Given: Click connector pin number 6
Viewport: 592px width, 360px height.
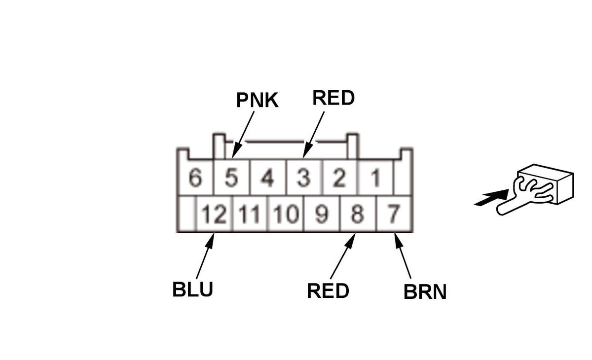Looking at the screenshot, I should tap(195, 178).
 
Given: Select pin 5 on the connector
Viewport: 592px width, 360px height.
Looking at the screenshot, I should tap(231, 178).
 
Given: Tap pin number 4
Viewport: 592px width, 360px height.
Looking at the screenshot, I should tap(267, 178).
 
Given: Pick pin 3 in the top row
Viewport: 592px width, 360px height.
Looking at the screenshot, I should tap(303, 178).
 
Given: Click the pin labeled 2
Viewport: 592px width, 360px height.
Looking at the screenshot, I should tap(339, 178).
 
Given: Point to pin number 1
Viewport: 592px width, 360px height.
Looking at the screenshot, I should tap(375, 178).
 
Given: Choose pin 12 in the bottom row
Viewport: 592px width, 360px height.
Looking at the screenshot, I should tap(214, 214).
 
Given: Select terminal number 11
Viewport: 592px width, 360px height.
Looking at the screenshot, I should tap(249, 214).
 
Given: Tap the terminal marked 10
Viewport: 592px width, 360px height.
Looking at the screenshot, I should tap(285, 214).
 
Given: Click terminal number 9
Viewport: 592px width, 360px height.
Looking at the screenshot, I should tap(321, 214).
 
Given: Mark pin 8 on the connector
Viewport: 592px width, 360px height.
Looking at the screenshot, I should tap(357, 214).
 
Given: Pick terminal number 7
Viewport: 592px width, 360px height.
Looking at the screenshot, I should tap(393, 214).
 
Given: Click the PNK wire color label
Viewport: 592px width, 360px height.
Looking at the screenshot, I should tap(257, 100).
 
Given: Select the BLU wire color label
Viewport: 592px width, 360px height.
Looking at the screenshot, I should tap(192, 289).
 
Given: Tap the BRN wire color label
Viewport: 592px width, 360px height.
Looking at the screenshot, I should tap(425, 292).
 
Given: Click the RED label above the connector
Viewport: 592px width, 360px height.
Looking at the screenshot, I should tap(333, 98).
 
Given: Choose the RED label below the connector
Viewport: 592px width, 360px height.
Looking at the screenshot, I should tap(328, 291).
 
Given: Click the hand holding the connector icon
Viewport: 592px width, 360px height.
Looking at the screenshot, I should tap(533, 190).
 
